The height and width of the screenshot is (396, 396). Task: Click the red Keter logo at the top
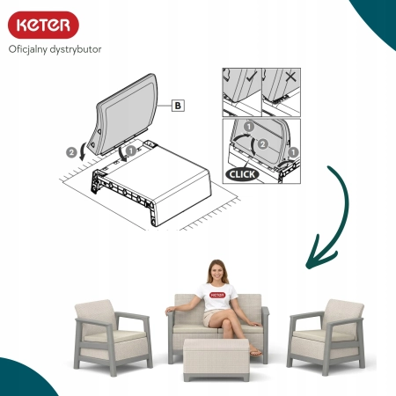[43, 25]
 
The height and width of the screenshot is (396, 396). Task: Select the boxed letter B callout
[178, 106]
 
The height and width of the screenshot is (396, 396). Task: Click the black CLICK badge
[242, 174]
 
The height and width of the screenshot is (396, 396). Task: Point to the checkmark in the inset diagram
[252, 77]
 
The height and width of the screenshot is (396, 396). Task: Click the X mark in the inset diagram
[290, 77]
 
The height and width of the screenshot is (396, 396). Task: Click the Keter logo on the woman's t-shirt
[217, 295]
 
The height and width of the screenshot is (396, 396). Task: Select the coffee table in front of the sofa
[216, 359]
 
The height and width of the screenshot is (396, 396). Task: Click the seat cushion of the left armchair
[115, 336]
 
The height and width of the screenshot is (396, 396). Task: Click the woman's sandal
[255, 353]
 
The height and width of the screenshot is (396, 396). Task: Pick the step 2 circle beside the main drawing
[71, 152]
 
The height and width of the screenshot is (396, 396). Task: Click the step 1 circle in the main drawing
[131, 150]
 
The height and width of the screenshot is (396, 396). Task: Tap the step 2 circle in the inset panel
[262, 144]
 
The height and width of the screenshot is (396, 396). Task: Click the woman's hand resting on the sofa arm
[170, 310]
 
